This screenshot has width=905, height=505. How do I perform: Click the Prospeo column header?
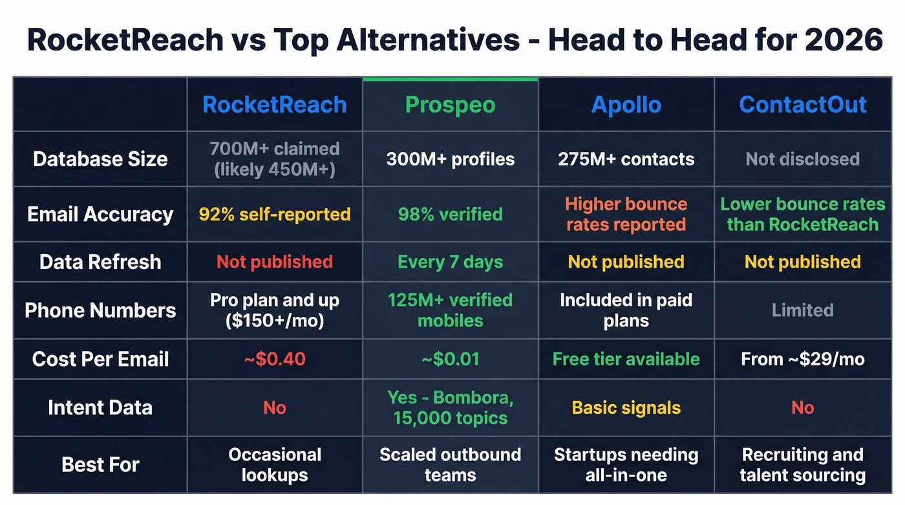[x=450, y=105]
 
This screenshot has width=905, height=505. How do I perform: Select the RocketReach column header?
[x=275, y=105]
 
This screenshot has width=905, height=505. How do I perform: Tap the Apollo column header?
[x=626, y=105]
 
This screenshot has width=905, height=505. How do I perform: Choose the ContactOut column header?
[x=803, y=105]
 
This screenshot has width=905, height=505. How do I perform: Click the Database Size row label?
[x=100, y=159]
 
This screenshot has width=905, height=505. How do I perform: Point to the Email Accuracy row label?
[x=100, y=215]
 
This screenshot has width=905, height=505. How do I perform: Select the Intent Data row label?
[x=100, y=407]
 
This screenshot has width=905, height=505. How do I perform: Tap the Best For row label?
[x=100, y=464]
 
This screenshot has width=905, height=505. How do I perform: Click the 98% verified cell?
[x=450, y=215]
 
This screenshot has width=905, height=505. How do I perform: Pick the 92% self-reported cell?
[x=275, y=215]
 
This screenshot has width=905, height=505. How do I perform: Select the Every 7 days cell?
[x=450, y=262]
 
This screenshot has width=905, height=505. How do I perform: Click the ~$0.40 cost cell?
[x=275, y=359]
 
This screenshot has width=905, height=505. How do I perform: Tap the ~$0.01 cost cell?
[x=450, y=359]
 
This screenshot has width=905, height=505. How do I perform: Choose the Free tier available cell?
[x=626, y=359]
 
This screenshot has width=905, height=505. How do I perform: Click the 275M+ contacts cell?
[x=626, y=159]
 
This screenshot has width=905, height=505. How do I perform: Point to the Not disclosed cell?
[x=803, y=159]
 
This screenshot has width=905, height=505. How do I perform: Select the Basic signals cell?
[x=626, y=408]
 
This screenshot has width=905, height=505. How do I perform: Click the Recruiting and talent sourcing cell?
[x=803, y=464]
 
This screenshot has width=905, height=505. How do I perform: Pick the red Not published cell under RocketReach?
[x=275, y=262]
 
